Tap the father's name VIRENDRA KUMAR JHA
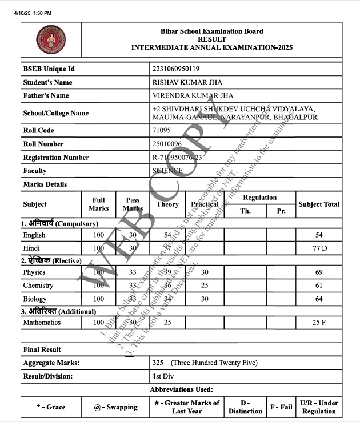(193, 95)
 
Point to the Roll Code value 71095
(162, 130)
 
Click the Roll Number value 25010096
(167, 144)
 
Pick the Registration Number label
(56, 157)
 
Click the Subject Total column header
(319, 204)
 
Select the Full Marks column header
(98, 204)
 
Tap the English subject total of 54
(319, 235)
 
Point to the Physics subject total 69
(319, 272)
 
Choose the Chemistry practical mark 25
(205, 286)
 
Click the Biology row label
(35, 299)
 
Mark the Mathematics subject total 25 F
(319, 323)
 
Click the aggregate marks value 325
(158, 363)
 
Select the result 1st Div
(164, 376)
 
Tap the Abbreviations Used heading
(181, 389)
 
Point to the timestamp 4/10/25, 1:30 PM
(29, 13)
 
